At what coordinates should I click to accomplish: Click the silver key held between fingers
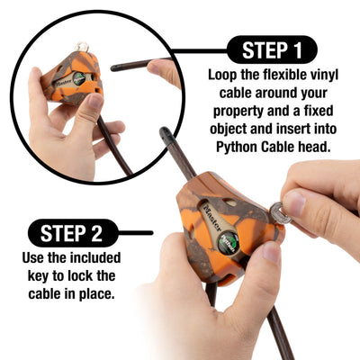(x=280, y=213)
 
